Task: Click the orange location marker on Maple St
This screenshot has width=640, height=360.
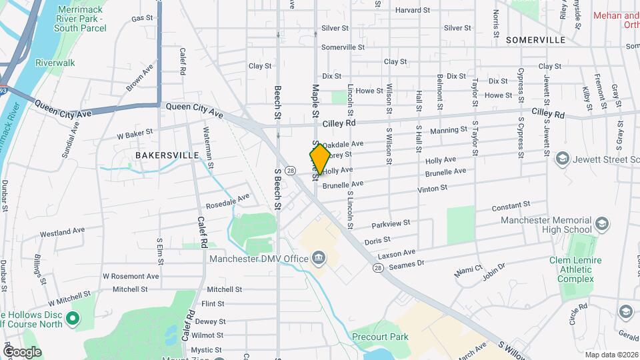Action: pyautogui.click(x=319, y=158)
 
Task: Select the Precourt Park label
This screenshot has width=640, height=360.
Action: pyautogui.click(x=380, y=337)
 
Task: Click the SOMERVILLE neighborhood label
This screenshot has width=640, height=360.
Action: pyautogui.click(x=535, y=40)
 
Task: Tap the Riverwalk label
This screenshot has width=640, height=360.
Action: pyautogui.click(x=55, y=63)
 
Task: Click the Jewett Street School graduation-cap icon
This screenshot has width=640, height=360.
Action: pyautogui.click(x=562, y=159)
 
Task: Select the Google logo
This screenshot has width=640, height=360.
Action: pyautogui.click(x=22, y=351)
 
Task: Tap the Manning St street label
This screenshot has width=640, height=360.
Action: pyautogui.click(x=449, y=131)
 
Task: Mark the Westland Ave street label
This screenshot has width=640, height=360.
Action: pyautogui.click(x=63, y=233)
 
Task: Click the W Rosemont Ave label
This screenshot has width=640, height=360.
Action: pyautogui.click(x=131, y=276)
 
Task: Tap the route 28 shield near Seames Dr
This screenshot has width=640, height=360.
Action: pyautogui.click(x=378, y=267)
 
